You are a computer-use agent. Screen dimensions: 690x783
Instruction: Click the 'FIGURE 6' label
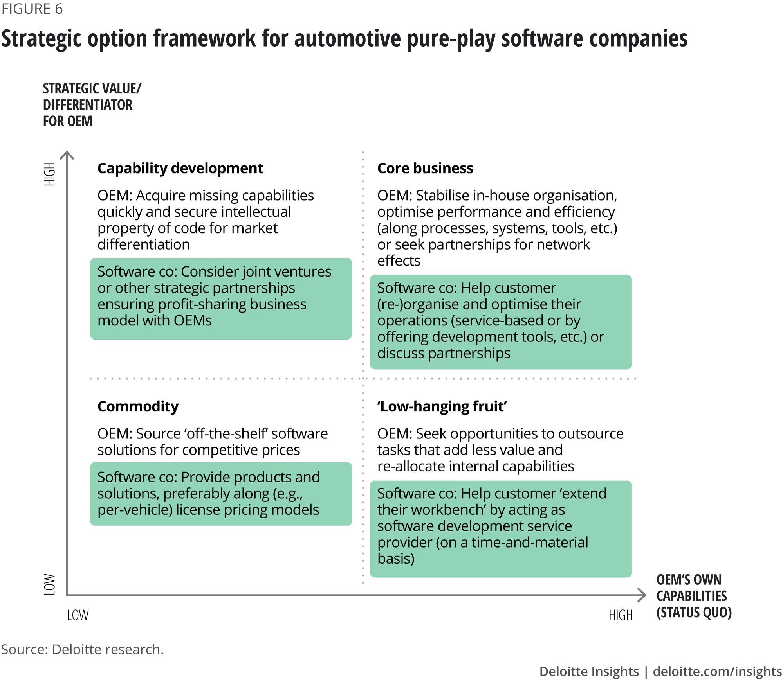(x=32, y=9)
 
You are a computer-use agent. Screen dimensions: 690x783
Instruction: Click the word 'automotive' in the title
(x=347, y=39)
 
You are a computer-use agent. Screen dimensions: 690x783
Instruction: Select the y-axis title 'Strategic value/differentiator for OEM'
(x=92, y=105)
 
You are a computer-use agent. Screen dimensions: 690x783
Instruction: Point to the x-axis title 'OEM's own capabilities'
(x=693, y=596)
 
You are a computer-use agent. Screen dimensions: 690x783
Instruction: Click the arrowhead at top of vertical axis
(x=67, y=155)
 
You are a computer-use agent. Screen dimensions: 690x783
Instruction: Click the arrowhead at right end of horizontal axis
(x=642, y=595)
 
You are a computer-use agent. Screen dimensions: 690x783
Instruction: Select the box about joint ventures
(x=221, y=298)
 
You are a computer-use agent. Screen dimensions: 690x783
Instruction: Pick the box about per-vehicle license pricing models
(x=221, y=494)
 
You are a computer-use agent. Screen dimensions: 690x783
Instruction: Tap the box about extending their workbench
(x=500, y=528)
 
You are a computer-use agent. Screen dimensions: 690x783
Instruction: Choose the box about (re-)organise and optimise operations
(x=500, y=322)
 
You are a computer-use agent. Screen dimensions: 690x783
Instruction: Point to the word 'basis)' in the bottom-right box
(x=396, y=559)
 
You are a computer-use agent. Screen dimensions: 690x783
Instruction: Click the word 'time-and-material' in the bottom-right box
(x=530, y=543)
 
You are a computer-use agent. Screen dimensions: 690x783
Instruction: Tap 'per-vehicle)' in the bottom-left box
(x=135, y=510)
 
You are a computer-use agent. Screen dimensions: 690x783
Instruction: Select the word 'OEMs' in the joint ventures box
(x=192, y=321)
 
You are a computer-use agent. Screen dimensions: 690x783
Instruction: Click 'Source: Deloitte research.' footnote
(x=82, y=649)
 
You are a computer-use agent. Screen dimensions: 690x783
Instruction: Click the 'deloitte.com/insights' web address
(x=717, y=671)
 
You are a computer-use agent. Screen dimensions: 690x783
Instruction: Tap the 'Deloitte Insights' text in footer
(x=589, y=671)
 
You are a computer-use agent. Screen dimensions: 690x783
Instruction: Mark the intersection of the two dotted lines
(x=363, y=379)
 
